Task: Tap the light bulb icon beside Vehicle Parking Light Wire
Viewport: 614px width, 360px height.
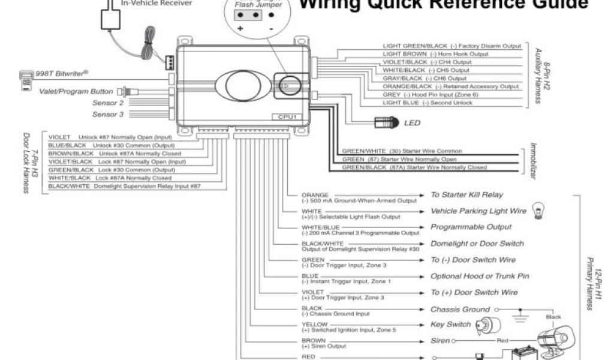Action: click(x=538, y=209)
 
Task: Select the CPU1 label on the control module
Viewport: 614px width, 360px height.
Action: click(x=288, y=116)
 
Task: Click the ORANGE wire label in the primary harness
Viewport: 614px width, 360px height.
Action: click(x=315, y=195)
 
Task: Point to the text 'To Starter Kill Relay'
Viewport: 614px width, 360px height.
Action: click(x=466, y=195)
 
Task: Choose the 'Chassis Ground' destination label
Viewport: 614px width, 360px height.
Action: click(x=460, y=309)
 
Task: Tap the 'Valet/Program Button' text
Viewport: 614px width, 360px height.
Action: click(x=76, y=92)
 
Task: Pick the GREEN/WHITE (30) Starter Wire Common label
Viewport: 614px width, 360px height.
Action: click(x=401, y=151)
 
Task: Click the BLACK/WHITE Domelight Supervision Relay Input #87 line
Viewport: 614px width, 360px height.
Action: click(x=124, y=187)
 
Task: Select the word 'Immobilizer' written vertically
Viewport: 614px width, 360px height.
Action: click(x=532, y=161)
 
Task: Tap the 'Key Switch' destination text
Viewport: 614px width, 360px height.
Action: click(x=450, y=325)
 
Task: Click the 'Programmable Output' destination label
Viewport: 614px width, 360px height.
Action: click(x=471, y=227)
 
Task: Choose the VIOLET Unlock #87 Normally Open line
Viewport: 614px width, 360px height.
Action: click(x=110, y=137)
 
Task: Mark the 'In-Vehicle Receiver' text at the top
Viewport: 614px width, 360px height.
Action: click(x=156, y=3)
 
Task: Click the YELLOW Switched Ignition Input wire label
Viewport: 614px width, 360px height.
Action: click(x=315, y=325)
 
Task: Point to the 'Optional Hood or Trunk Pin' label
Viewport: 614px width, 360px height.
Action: click(x=480, y=276)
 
